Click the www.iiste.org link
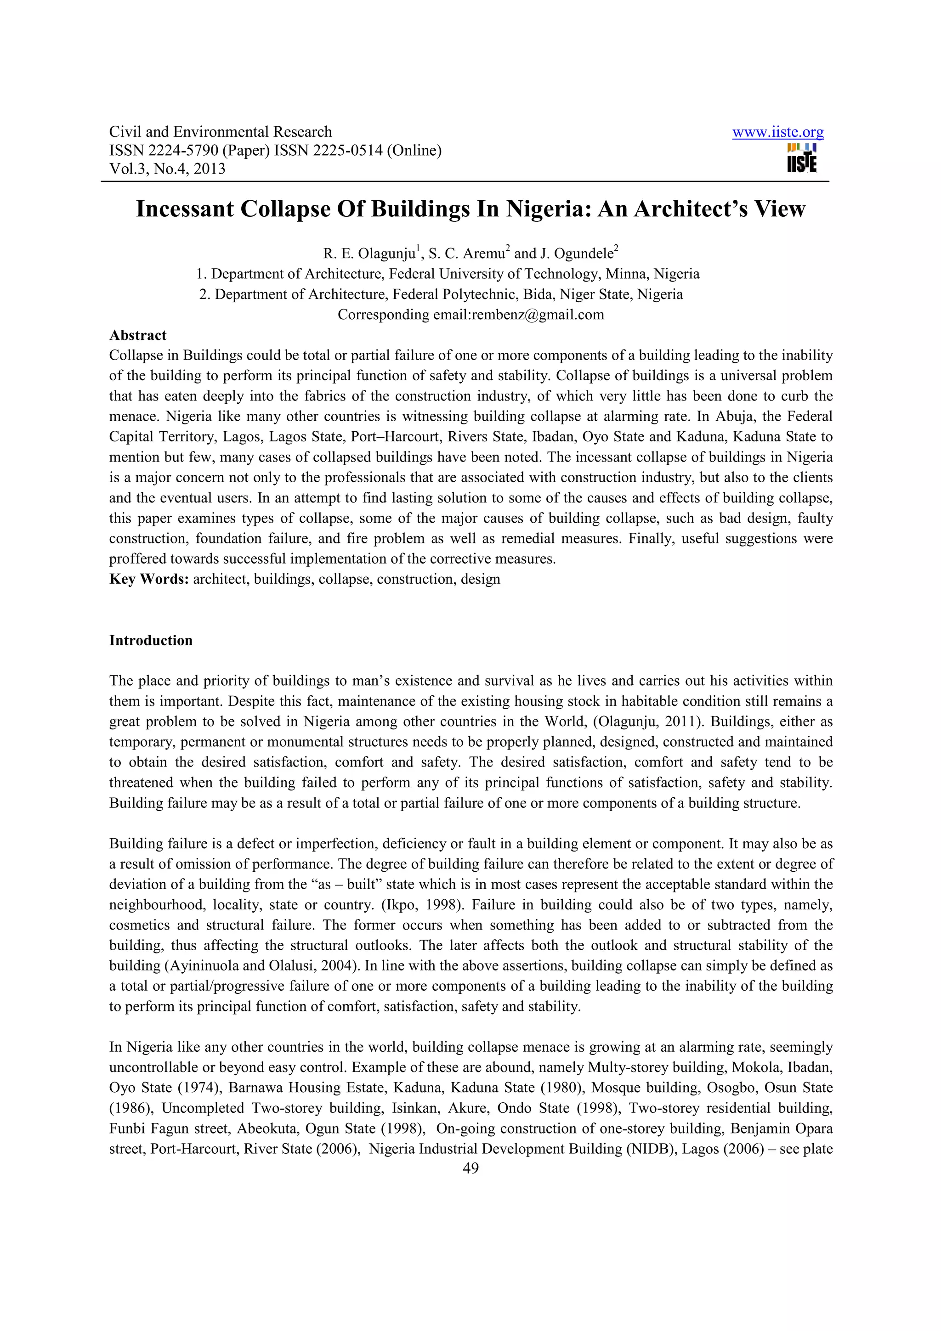tap(777, 132)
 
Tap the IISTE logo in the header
tap(802, 158)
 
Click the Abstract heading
tap(137, 335)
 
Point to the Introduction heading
tap(151, 641)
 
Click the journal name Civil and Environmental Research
tap(221, 132)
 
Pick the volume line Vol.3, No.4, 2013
tap(167, 169)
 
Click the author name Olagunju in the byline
tap(387, 254)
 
